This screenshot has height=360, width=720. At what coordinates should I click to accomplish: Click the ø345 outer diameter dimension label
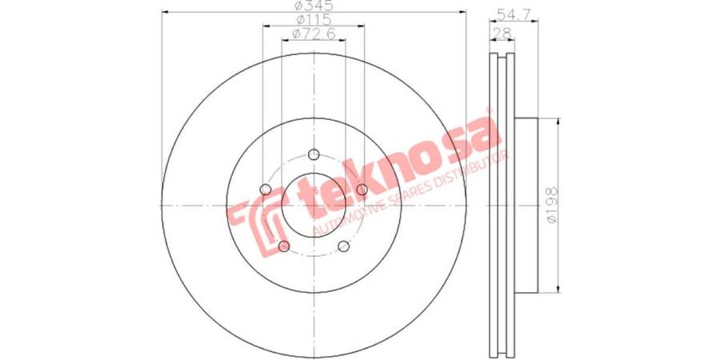pos(313,6)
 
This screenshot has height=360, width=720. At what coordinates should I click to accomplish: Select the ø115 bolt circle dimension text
pos(314,19)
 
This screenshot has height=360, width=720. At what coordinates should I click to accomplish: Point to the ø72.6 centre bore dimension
pos(314,33)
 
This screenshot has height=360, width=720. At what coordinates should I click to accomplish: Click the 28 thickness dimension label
pos(502,33)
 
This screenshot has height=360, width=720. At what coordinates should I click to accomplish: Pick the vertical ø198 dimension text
pos(551,206)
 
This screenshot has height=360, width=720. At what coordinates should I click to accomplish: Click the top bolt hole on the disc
pos(314,154)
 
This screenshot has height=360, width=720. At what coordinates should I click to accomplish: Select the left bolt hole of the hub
pos(266,189)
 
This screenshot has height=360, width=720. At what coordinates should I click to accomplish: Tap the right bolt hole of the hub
pos(362,189)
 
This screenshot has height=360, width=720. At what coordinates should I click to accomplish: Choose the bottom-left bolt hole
pos(284,246)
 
